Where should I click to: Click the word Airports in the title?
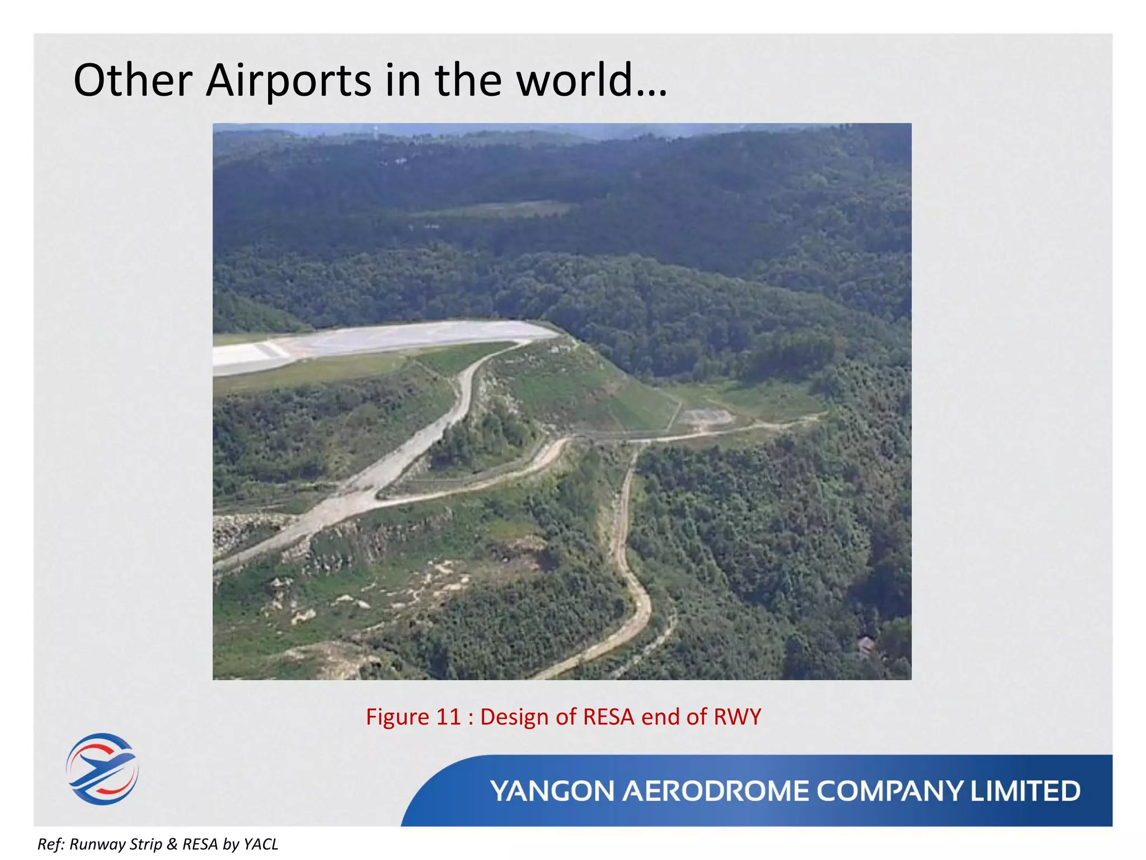pyautogui.click(x=288, y=80)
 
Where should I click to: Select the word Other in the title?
pyautogui.click(x=133, y=80)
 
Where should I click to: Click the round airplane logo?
pyautogui.click(x=102, y=769)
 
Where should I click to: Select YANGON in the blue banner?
pyautogui.click(x=552, y=791)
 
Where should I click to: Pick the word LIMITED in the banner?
pyautogui.click(x=1025, y=791)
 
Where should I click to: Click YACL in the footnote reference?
pyautogui.click(x=261, y=844)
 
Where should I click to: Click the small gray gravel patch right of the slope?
pyautogui.click(x=705, y=417)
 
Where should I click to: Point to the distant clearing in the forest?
pyautogui.click(x=504, y=209)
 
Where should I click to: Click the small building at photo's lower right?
pyautogui.click(x=865, y=646)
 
